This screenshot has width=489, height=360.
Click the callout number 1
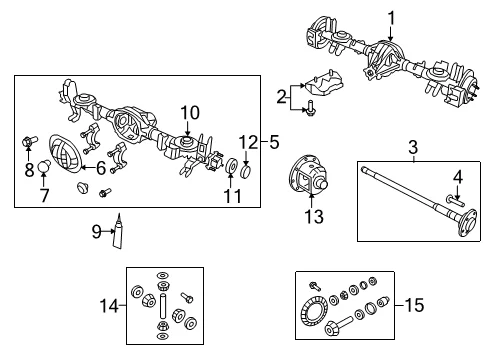pos(391,18)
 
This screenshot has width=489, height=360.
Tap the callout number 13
pos(314,216)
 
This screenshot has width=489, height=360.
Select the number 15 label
pos(414,305)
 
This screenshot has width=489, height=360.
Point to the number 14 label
pos(109,306)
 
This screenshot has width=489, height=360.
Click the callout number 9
pos(96,231)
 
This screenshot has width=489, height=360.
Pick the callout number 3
pos(413,147)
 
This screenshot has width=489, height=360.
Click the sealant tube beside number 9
pos(118,232)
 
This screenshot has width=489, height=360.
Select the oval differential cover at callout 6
pos(65,154)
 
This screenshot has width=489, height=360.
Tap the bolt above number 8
pos(29,141)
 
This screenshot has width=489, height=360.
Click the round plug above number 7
pos(44,165)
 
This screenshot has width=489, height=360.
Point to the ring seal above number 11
pos(231,166)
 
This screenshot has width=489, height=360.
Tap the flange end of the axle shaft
pos(467,223)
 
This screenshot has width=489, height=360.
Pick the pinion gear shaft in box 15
pos(338,325)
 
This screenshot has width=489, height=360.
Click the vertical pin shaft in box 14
pos(163,307)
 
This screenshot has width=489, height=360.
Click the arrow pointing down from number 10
pos(187,128)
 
